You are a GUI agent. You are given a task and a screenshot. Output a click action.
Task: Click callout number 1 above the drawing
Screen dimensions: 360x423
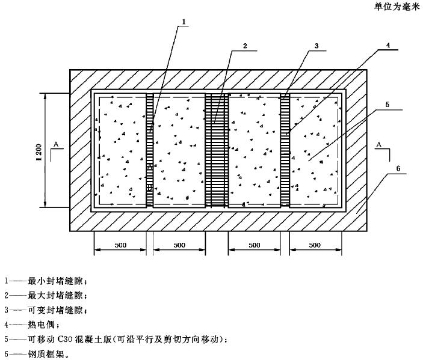tap(184, 23)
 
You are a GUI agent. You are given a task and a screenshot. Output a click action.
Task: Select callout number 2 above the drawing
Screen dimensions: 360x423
tap(245, 46)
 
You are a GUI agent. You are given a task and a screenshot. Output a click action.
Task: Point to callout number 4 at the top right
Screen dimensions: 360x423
tap(389, 46)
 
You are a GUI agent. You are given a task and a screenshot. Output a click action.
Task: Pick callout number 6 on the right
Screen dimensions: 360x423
tap(398, 169)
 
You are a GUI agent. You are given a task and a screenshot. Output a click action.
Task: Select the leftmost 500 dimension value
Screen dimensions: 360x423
tap(120, 245)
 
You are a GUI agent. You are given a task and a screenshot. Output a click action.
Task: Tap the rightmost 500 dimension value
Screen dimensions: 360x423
tap(315, 245)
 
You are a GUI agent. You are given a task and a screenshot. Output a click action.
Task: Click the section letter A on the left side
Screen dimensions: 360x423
tap(56, 144)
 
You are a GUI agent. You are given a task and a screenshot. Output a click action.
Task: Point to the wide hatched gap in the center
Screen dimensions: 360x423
tap(217, 150)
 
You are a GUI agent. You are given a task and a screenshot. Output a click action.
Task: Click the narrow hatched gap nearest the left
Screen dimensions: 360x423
tap(150, 150)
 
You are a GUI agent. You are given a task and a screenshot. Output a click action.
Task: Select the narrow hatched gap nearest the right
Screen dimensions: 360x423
tap(285, 150)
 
